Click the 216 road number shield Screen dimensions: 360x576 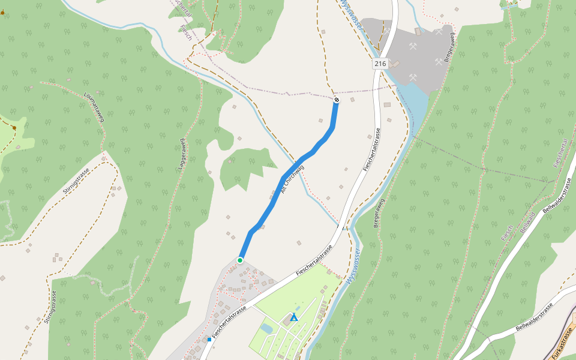380,64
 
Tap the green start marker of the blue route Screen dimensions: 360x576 240,260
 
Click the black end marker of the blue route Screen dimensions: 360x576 337,100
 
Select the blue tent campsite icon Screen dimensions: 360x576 294,317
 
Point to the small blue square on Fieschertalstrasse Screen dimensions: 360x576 209,340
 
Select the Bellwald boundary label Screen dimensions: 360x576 527,222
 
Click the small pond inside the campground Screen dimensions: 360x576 266,329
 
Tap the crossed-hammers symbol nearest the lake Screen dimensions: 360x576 413,77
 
